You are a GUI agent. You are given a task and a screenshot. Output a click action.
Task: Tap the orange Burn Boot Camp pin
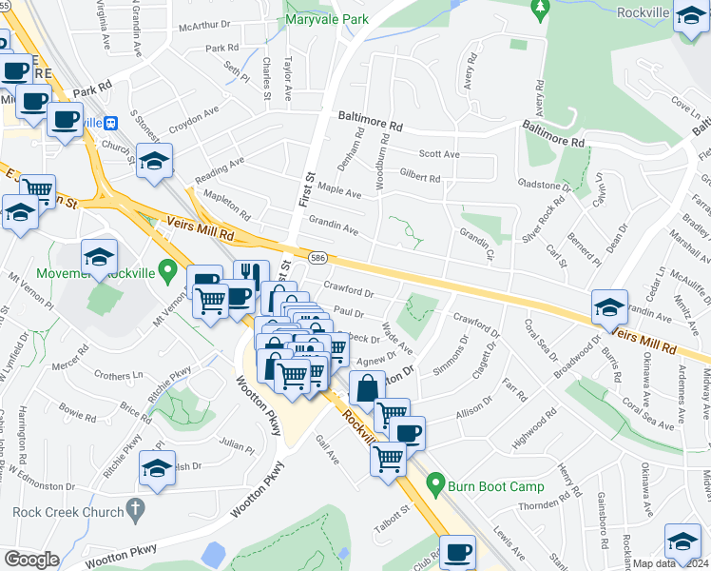(436, 483)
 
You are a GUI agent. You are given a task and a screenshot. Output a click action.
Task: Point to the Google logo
(31, 560)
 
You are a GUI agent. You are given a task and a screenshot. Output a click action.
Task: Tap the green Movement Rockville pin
(168, 272)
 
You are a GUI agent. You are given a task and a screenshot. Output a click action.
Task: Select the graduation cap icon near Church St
(154, 160)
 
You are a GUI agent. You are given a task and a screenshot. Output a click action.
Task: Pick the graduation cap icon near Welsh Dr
(158, 467)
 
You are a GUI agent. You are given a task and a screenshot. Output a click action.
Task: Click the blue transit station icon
(111, 123)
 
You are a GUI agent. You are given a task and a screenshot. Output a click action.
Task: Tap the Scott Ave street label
(439, 154)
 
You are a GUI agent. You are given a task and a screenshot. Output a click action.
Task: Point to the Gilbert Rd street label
(420, 178)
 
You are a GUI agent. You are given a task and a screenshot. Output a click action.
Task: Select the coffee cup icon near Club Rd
(457, 551)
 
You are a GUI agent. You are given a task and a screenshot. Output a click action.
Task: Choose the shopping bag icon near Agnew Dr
(367, 387)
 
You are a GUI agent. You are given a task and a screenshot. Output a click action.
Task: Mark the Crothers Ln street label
(118, 376)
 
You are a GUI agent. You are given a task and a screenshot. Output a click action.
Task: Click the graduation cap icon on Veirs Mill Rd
(609, 306)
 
